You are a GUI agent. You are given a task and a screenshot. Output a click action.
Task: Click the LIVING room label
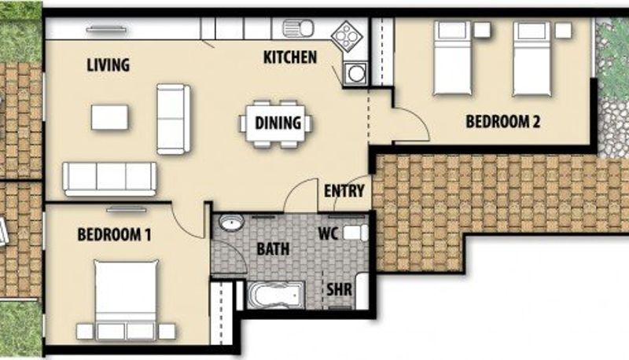click(109, 65)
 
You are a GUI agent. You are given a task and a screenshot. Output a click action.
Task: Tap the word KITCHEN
click(290, 57)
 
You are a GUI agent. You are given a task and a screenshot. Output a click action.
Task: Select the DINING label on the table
click(278, 123)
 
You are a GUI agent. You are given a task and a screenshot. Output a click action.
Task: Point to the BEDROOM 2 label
click(502, 122)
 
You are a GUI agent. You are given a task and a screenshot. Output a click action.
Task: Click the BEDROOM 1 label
click(114, 234)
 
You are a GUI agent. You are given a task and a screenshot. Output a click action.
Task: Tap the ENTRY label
click(344, 191)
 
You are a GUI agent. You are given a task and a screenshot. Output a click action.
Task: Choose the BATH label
click(273, 249)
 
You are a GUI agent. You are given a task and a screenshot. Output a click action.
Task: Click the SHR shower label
click(340, 289)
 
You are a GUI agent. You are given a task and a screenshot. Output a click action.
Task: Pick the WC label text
click(328, 233)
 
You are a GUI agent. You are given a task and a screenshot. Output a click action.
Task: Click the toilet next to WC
click(356, 233)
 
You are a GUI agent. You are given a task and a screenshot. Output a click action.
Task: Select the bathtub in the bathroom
click(276, 296)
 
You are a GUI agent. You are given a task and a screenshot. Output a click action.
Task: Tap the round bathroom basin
click(231, 222)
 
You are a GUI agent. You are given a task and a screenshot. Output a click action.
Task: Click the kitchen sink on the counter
click(298, 28)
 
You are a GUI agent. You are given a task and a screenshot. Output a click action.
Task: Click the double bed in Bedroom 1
click(126, 299)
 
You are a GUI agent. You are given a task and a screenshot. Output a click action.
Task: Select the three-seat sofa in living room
click(109, 178)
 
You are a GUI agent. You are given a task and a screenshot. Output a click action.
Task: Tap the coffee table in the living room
click(110, 117)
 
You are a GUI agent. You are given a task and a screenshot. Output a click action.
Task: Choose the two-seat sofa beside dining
click(173, 119)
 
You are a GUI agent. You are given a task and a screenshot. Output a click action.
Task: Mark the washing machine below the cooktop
click(355, 73)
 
